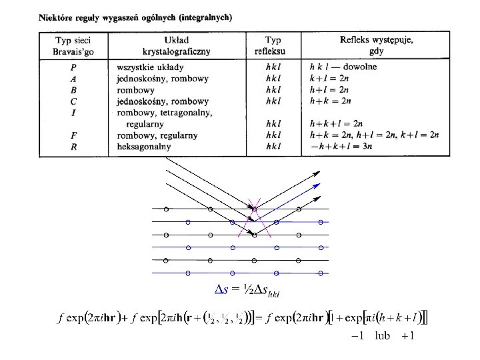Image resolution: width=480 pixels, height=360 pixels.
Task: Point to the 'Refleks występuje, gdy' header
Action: (377, 45)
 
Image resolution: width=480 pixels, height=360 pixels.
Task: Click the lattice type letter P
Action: (73, 67)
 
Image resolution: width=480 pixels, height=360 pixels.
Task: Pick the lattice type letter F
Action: (73, 135)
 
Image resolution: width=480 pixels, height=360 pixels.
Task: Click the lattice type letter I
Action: (73, 112)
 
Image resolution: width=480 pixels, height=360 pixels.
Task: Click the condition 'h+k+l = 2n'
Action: (336, 124)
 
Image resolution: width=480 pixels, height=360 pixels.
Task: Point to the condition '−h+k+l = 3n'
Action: (339, 147)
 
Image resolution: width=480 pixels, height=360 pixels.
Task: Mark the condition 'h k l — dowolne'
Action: (343, 67)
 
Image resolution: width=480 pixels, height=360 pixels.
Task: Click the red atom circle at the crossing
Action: (254, 209)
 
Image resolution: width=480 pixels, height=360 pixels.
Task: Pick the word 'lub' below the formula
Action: (382, 335)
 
